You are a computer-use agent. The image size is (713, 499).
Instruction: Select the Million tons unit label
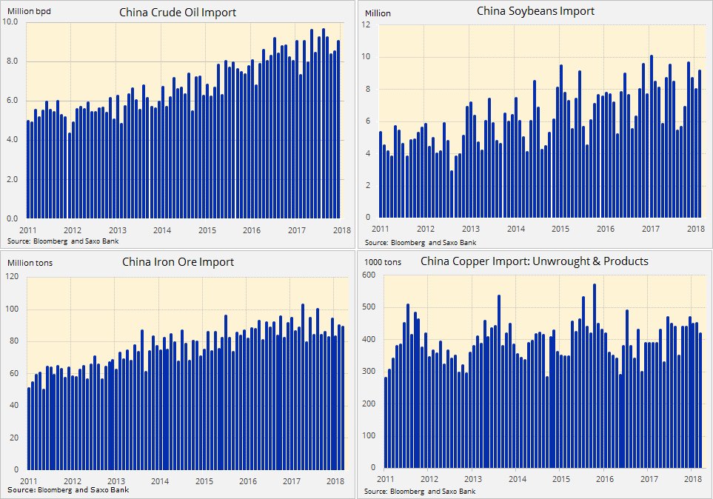point(30,262)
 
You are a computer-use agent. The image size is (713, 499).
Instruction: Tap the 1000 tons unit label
point(383,262)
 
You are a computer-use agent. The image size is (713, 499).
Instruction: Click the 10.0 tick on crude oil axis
point(13,22)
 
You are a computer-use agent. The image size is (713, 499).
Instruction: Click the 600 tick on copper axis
point(367,275)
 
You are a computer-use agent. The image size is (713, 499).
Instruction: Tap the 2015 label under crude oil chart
point(205,231)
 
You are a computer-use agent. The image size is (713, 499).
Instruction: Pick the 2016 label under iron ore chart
point(247,481)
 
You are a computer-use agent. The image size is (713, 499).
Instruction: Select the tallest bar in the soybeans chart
point(651,137)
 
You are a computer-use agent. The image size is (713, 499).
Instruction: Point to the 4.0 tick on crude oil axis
point(13,141)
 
